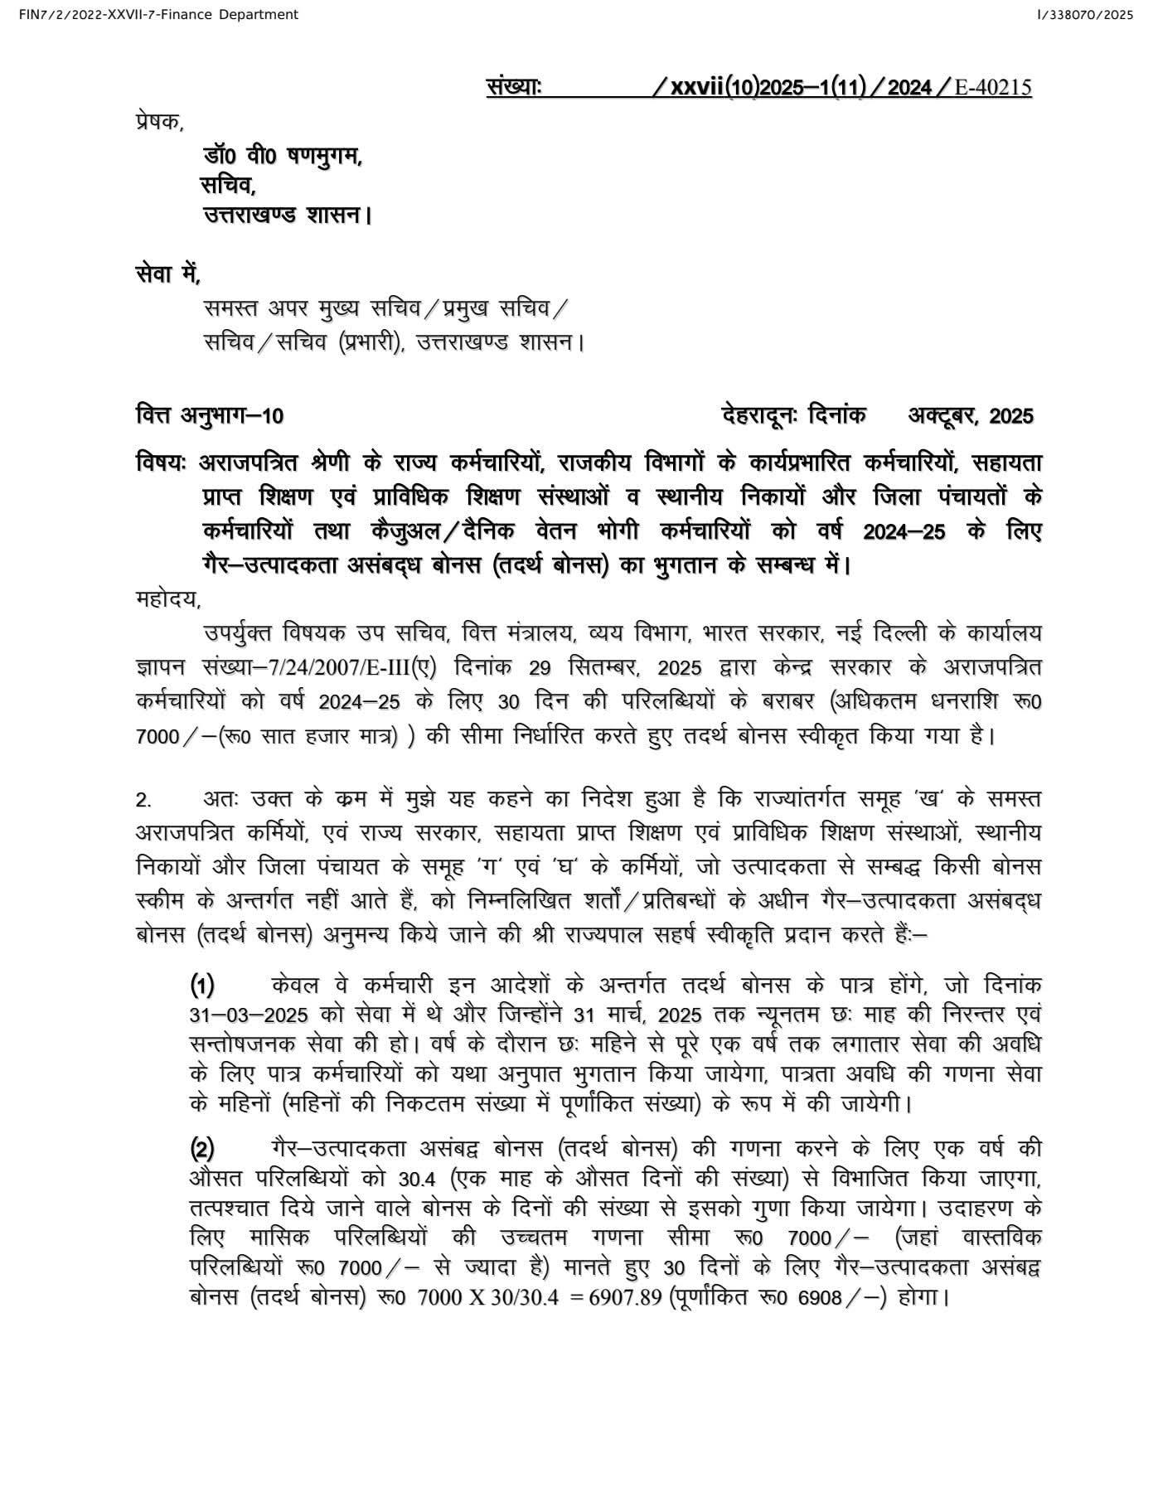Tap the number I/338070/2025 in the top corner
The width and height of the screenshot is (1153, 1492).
1086,14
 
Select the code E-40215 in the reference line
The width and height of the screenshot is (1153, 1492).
993,87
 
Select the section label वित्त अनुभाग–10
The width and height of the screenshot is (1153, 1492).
210,414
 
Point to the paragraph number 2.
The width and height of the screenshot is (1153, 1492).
143,801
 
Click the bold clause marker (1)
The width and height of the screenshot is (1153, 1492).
203,986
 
